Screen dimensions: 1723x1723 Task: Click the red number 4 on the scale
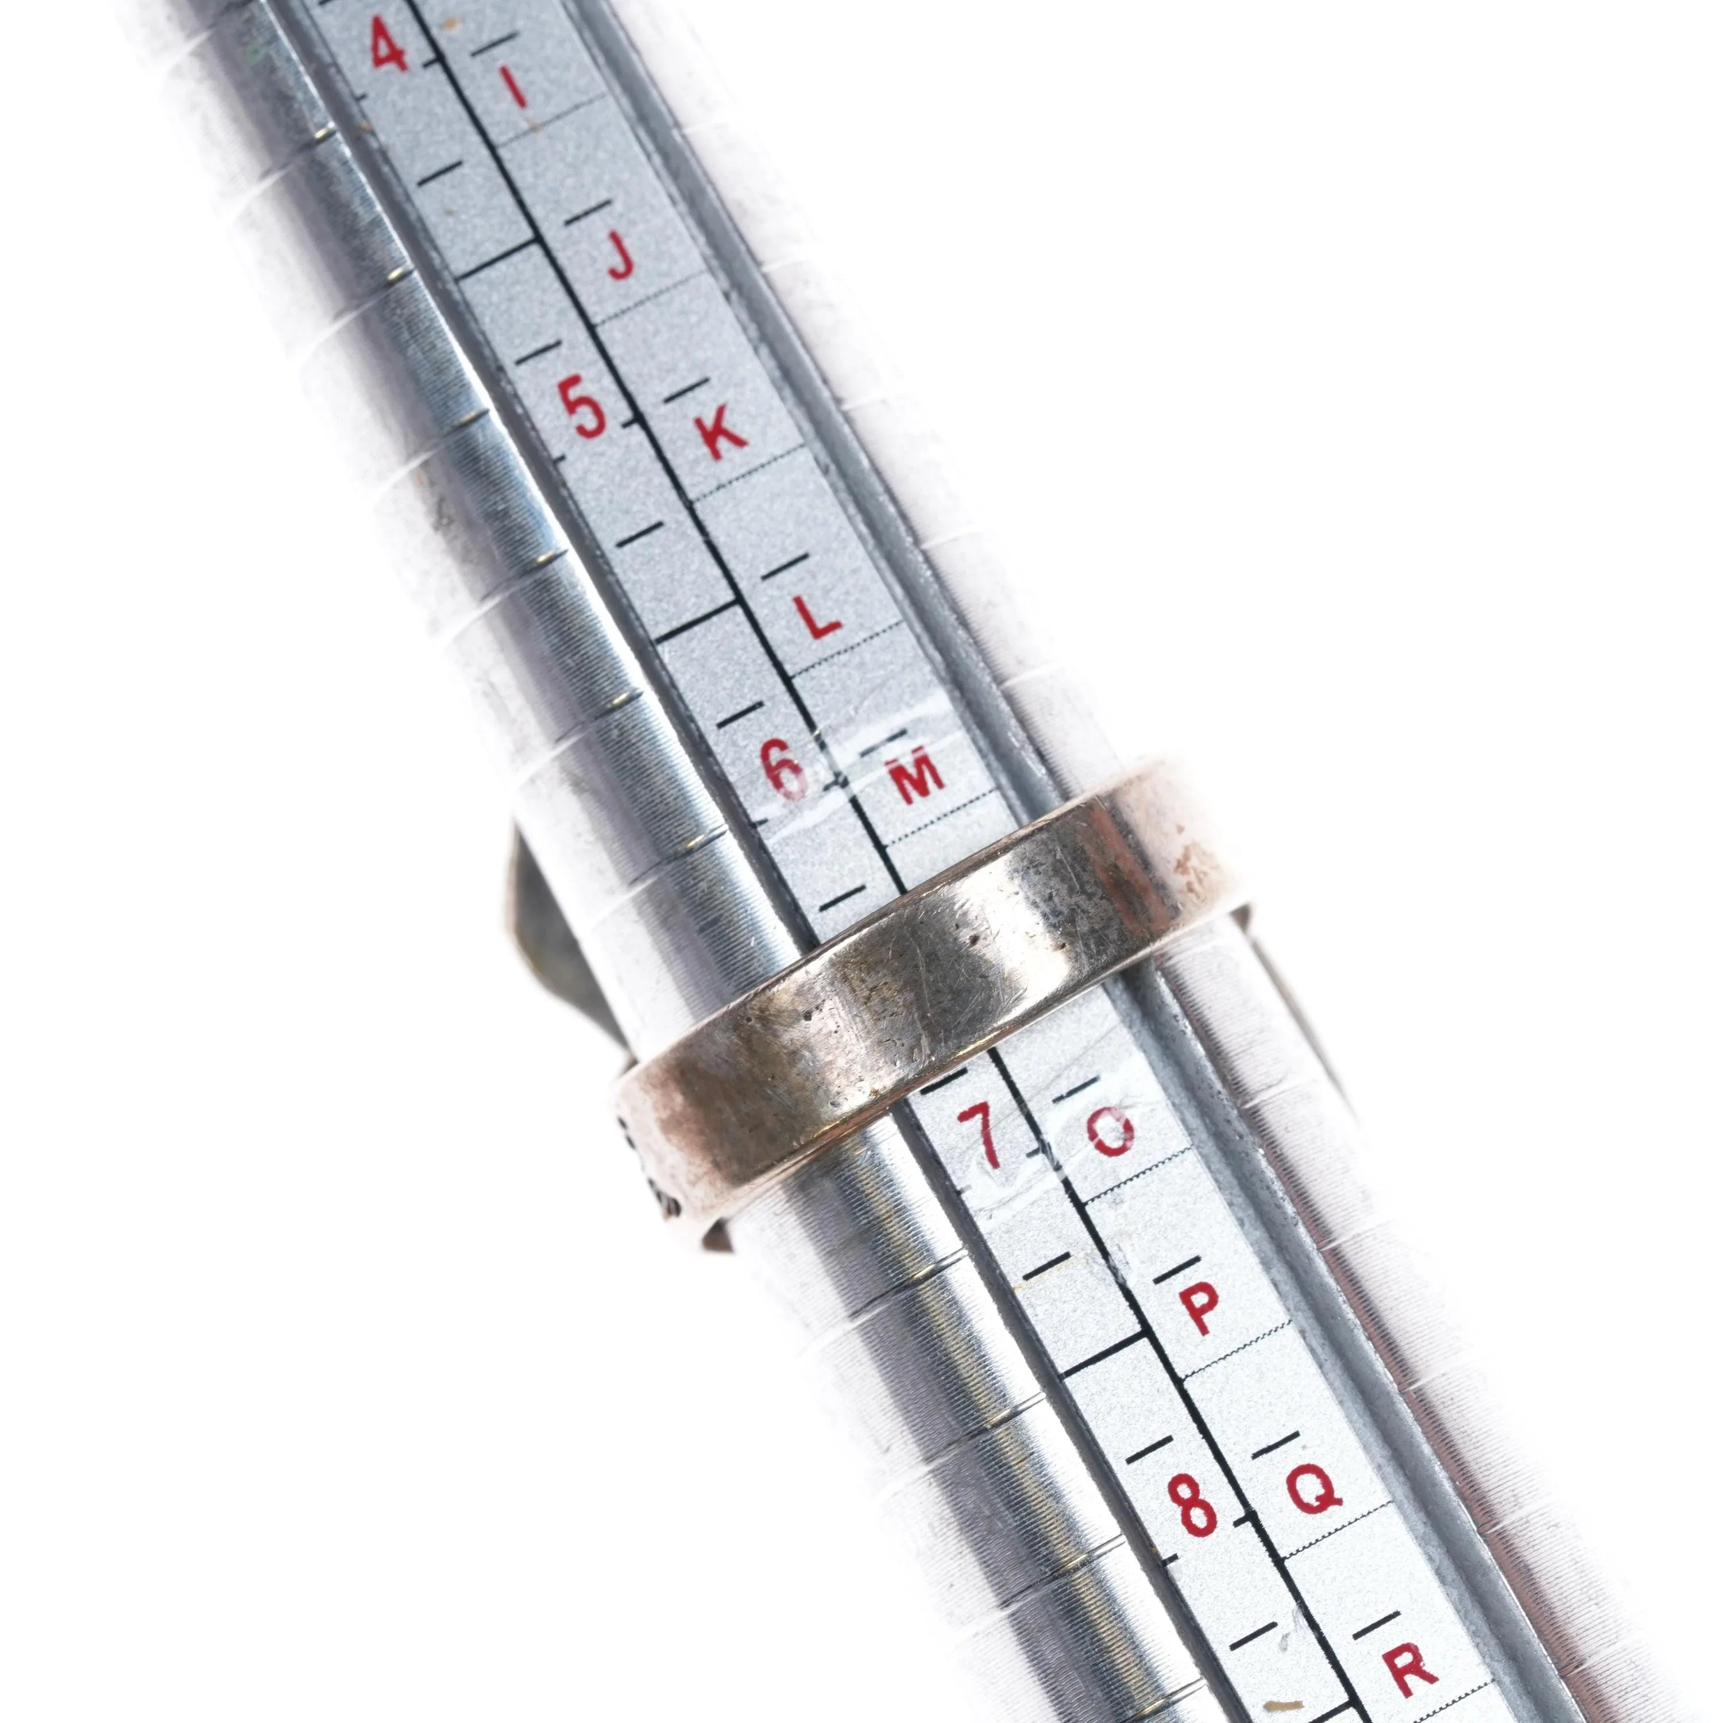pyautogui.click(x=389, y=45)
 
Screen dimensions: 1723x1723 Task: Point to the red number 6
pyautogui.click(x=785, y=769)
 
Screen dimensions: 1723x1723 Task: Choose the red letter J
pyautogui.click(x=619, y=255)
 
